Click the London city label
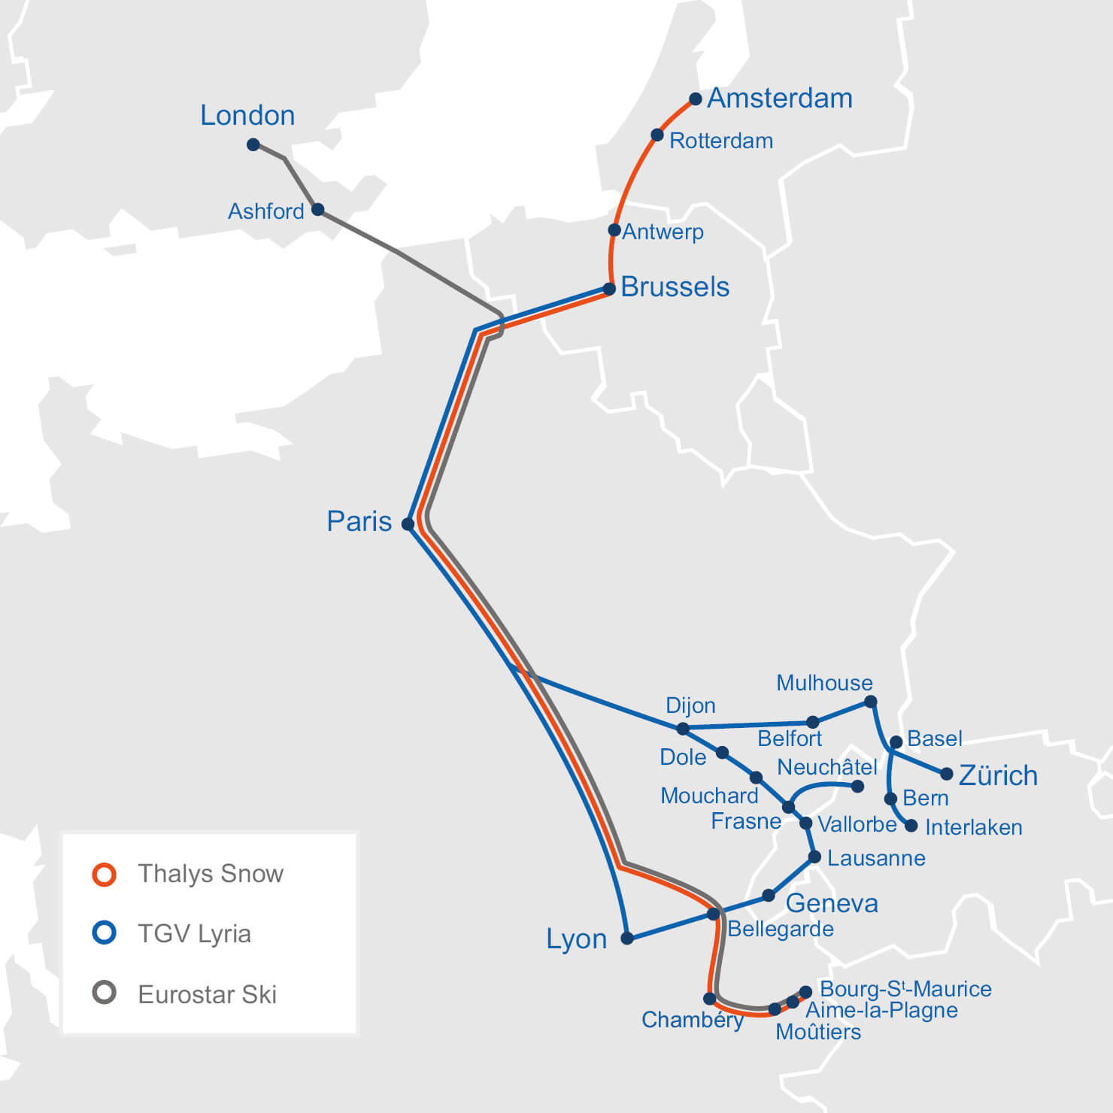click(x=247, y=116)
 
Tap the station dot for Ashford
click(x=318, y=209)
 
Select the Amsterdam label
click(x=780, y=99)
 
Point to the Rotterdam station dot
click(x=657, y=135)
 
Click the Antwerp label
click(x=663, y=232)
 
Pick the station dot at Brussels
click(x=609, y=289)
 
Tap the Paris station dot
click(x=408, y=523)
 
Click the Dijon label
click(x=690, y=705)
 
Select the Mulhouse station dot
click(x=870, y=702)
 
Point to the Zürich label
click(x=998, y=775)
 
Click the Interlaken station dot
click(x=911, y=826)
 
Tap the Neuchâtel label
click(x=827, y=767)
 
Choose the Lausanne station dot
click(x=814, y=857)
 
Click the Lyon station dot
click(x=626, y=938)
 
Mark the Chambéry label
click(x=692, y=1020)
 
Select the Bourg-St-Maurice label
click(x=905, y=989)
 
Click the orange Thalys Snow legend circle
click(x=104, y=874)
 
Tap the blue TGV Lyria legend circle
click(x=104, y=933)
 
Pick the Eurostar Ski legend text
click(x=207, y=994)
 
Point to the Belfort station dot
click(x=812, y=723)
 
